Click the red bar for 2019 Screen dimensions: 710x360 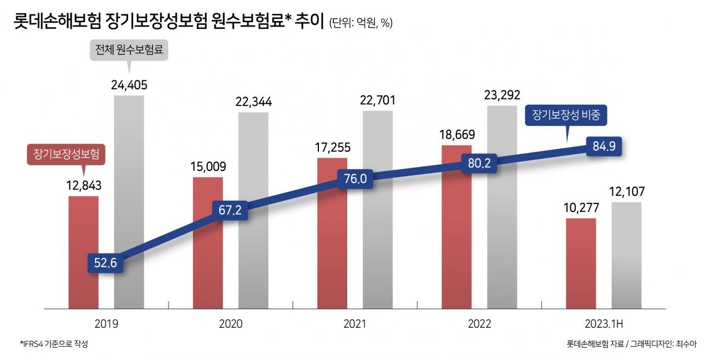(x=83, y=252)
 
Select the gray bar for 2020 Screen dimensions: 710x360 (x=253, y=210)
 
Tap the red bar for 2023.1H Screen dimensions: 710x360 (x=581, y=263)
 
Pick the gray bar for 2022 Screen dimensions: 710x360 (x=502, y=207)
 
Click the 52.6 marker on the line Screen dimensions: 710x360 (x=105, y=263)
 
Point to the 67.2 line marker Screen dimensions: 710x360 (x=230, y=210)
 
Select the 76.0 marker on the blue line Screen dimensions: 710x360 (x=355, y=179)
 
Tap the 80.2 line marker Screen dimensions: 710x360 (x=479, y=163)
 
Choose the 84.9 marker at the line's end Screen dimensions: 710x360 (x=604, y=146)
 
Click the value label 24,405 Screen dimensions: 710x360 (x=129, y=85)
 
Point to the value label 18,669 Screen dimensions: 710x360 (x=457, y=135)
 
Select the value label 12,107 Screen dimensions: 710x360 (x=627, y=191)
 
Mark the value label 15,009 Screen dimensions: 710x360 (x=208, y=167)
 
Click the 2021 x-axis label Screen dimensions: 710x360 (x=354, y=324)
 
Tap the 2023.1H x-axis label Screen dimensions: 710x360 (x=604, y=324)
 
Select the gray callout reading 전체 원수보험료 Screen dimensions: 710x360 (x=129, y=50)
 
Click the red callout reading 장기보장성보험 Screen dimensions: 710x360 (x=66, y=154)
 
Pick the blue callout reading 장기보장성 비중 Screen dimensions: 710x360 (x=566, y=115)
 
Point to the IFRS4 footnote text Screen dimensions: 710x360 (x=54, y=344)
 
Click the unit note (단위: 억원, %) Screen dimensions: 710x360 (x=361, y=23)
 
